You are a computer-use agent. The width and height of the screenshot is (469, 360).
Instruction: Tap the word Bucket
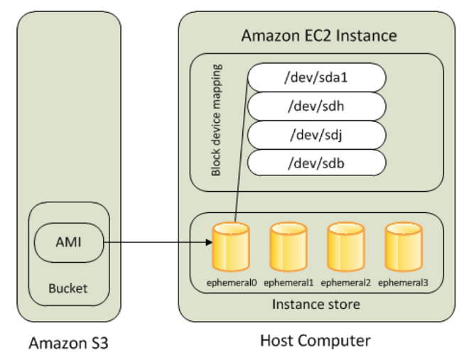[x=68, y=289]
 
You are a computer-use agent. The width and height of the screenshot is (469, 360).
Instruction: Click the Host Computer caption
[x=316, y=342]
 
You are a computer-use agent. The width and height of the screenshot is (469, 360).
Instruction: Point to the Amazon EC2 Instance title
[x=319, y=36]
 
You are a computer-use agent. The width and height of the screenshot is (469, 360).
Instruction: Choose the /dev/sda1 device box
[x=316, y=77]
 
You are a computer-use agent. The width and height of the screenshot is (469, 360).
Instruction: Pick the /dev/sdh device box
[x=316, y=106]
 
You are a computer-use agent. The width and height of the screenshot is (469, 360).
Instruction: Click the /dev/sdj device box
[x=316, y=134]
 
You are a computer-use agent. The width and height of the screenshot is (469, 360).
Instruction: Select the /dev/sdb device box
[x=316, y=163]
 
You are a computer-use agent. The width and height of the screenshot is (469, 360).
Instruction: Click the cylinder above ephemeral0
[x=231, y=246]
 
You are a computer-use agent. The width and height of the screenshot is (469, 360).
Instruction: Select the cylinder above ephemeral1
[x=288, y=246]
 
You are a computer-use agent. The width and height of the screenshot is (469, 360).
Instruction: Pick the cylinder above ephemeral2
[x=345, y=246]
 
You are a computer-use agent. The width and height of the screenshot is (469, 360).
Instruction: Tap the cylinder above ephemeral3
[x=402, y=246]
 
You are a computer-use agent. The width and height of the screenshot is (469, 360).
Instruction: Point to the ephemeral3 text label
[x=403, y=283]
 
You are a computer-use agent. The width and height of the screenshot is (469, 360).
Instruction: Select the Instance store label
[x=316, y=305]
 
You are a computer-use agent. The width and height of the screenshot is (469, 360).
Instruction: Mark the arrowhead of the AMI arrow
[x=209, y=243]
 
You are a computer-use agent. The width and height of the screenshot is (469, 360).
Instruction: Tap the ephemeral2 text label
[x=345, y=283]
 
